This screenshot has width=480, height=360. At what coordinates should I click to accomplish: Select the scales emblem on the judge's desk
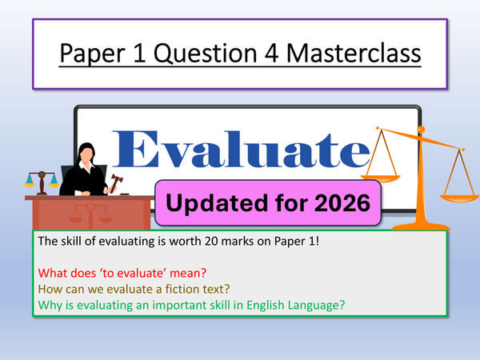click(79, 214)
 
